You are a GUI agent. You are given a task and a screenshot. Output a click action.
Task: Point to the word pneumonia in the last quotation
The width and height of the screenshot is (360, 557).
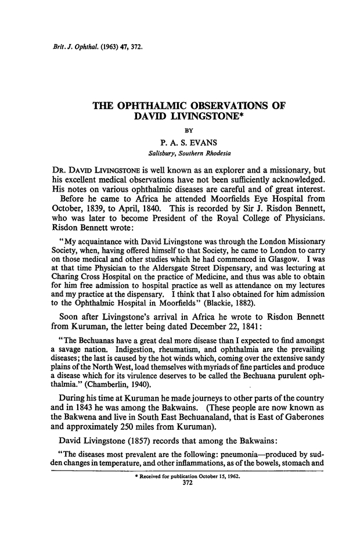255,471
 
